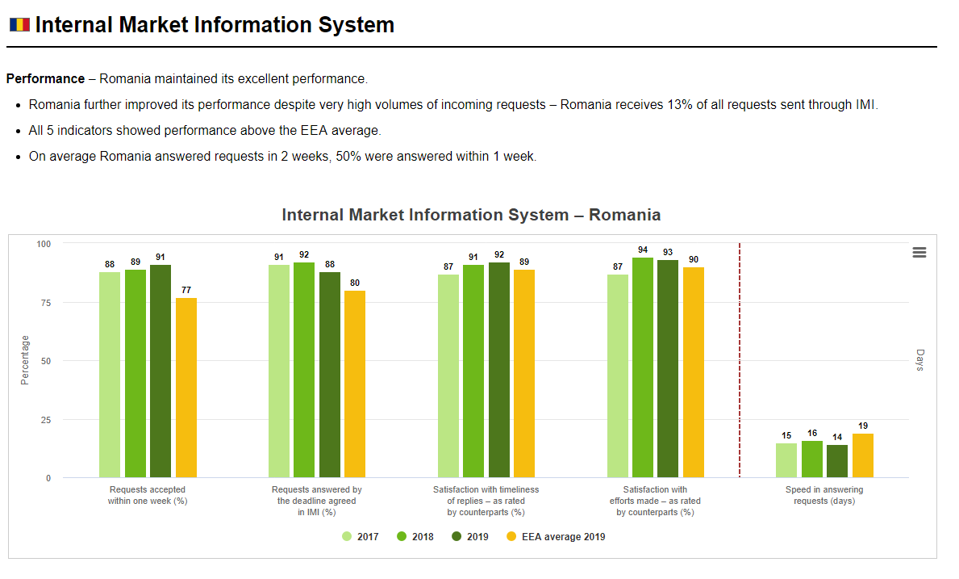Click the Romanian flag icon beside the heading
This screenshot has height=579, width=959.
click(19, 24)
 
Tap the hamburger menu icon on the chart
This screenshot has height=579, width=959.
click(919, 252)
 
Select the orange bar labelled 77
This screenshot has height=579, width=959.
click(186, 388)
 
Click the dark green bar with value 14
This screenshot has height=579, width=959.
click(837, 461)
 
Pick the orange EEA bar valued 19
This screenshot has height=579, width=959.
click(863, 455)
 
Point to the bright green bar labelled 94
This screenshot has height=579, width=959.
click(643, 367)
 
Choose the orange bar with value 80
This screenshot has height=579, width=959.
click(355, 384)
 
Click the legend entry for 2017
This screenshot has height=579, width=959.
click(361, 537)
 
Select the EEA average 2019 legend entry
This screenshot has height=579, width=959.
click(556, 537)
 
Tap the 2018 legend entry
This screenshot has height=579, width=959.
click(415, 537)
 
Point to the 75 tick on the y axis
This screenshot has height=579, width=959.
click(46, 302)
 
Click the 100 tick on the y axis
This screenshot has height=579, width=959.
click(44, 244)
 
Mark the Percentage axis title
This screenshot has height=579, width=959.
click(24, 360)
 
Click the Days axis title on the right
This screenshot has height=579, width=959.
click(919, 360)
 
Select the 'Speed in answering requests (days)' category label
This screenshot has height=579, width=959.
click(824, 495)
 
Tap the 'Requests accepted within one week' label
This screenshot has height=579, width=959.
click(148, 495)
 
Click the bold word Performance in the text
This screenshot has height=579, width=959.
click(45, 79)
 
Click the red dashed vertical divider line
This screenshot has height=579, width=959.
click(740, 360)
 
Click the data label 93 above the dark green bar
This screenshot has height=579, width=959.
click(668, 252)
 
